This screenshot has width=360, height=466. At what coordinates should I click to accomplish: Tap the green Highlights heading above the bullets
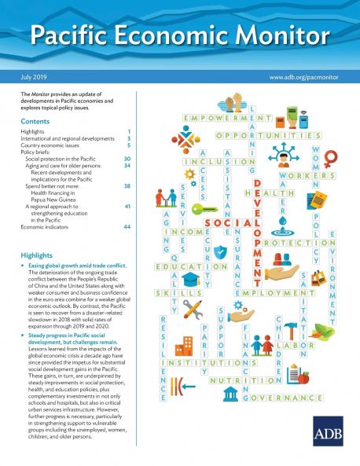[x=39, y=255]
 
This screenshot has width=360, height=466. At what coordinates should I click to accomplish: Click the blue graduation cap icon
[x=189, y=279]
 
